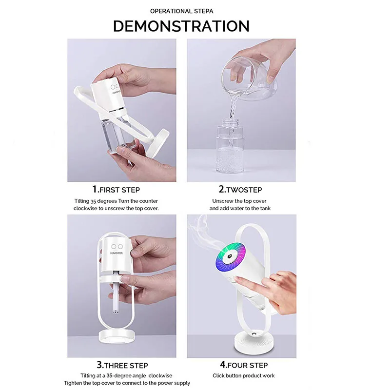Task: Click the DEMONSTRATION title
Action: [181, 26]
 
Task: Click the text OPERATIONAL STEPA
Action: [181, 11]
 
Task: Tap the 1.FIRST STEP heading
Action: [116, 190]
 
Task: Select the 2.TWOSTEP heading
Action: [241, 190]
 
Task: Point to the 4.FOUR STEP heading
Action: [243, 365]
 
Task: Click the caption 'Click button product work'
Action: [243, 376]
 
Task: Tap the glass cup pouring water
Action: [244, 78]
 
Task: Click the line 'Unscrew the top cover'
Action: [239, 201]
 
